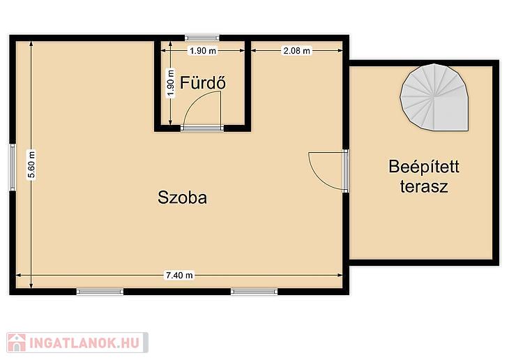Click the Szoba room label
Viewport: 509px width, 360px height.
pos(182,197)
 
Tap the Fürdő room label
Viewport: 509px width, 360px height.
pos(203,82)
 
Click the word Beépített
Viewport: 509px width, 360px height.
pos(424,167)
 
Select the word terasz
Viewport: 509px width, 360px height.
pos(424,186)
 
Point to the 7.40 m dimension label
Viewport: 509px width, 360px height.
pos(179,275)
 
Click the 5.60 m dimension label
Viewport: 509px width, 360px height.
pos(31,165)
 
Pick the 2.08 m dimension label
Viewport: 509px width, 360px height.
pos(297,51)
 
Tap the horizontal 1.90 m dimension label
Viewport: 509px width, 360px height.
pos(203,51)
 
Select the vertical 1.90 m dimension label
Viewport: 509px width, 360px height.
pos(170,83)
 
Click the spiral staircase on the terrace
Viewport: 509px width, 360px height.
pos(435,97)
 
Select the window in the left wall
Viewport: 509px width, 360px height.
pos(13,167)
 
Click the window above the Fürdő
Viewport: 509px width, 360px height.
pos(202,38)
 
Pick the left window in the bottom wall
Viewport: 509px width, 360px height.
pos(100,292)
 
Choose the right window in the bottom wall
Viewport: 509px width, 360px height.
pos(254,292)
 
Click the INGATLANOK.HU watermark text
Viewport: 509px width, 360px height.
pos(84,343)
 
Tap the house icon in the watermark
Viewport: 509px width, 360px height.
pos(17,343)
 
